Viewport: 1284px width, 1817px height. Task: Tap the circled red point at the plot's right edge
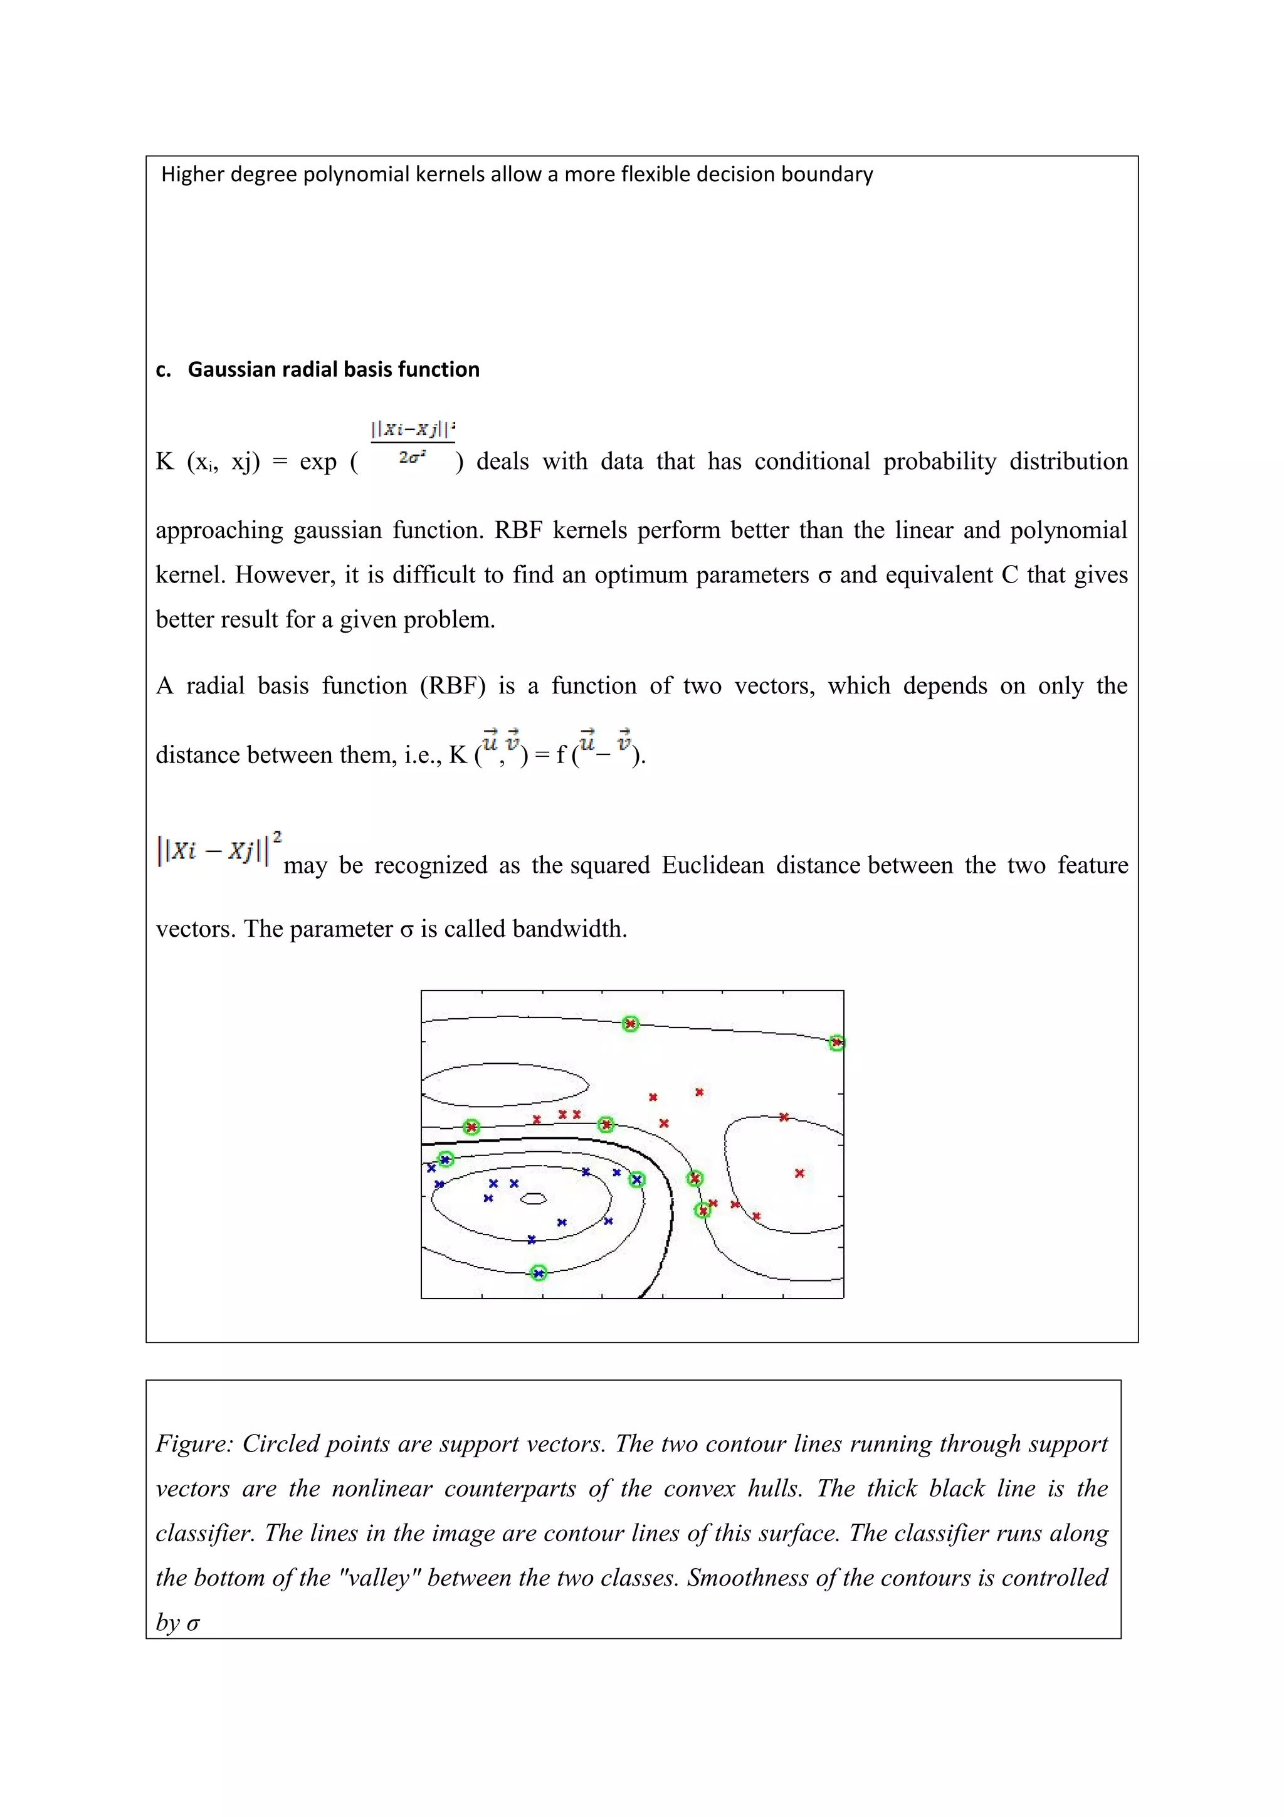pos(836,1043)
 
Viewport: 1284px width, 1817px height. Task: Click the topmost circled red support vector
pos(629,1024)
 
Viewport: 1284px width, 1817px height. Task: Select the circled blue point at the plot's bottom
pos(539,1273)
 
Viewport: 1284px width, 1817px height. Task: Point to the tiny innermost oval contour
pos(534,1199)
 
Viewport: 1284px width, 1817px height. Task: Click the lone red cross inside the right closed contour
pos(799,1173)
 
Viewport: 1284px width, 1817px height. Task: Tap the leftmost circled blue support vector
pos(445,1159)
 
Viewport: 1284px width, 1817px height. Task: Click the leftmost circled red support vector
pos(471,1127)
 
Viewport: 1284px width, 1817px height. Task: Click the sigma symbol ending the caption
pos(193,1624)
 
